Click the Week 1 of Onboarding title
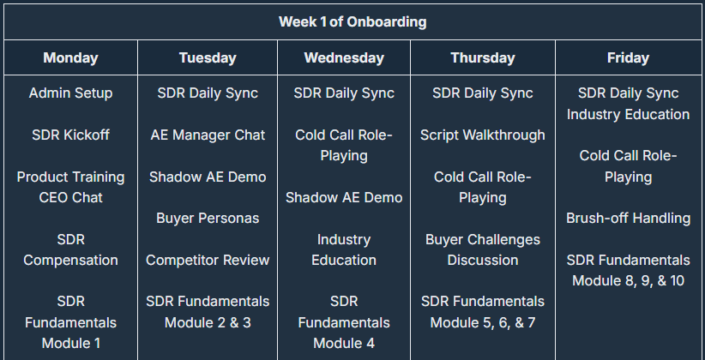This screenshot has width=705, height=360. pos(352,21)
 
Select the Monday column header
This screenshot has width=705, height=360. pos(70,57)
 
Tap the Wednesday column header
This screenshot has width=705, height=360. pos(344,57)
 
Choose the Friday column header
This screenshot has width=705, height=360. pos(628,57)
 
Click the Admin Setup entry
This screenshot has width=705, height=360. pos(70,93)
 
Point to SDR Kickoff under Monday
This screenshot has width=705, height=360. pos(70,135)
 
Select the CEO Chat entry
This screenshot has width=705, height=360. pos(70,197)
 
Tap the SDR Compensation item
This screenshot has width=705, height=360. pos(70,249)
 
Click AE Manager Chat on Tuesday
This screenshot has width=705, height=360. pos(208,135)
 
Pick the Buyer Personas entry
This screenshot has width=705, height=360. pos(208,218)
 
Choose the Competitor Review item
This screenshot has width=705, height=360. pos(208,260)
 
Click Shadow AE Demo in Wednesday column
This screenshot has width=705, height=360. pos(344,197)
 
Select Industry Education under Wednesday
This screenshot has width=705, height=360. pos(344,249)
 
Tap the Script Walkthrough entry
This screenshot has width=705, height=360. pos(483,135)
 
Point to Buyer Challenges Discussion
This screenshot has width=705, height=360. pos(483,249)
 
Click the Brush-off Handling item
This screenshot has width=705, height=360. pos(628,218)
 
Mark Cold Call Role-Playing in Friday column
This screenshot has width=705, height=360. pos(628,165)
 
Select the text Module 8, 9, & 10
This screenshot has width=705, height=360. pos(628,280)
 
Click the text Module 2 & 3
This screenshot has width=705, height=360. pos(208,322)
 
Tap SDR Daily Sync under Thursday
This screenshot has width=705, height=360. pos(483,93)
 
